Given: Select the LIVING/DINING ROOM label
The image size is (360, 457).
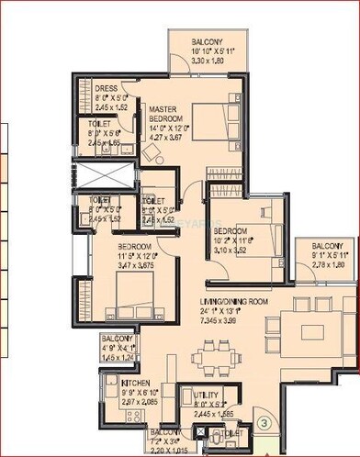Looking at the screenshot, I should [x=232, y=302].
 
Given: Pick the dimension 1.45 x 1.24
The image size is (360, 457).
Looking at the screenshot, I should [x=118, y=358].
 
